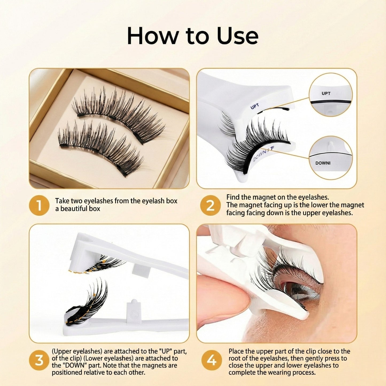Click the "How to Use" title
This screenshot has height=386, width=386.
click(193, 36)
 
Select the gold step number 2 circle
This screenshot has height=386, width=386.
click(210, 205)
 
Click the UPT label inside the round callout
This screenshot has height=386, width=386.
click(326, 93)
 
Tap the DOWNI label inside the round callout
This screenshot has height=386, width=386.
click(323, 163)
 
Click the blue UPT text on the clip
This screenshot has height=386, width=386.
click(255, 106)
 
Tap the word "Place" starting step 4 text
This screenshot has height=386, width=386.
click(236, 351)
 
